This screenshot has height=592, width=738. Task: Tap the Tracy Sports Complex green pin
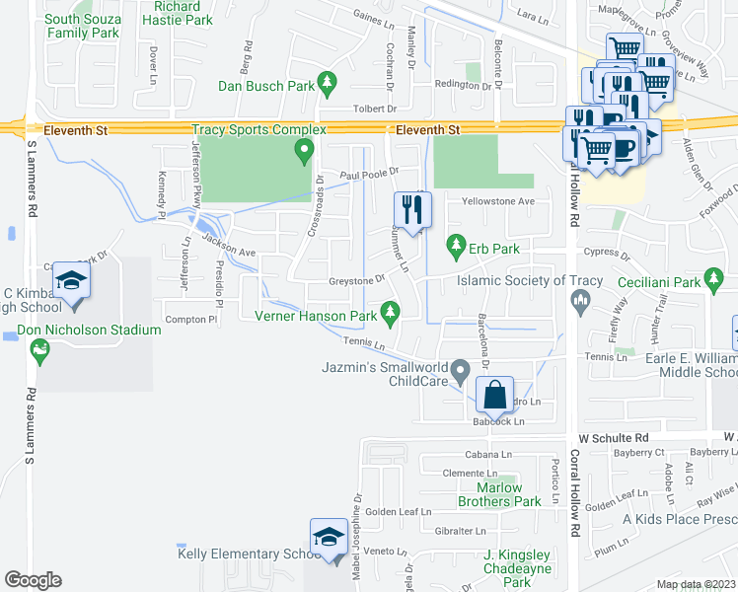point(304,151)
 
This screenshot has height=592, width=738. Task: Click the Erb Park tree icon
point(456,243)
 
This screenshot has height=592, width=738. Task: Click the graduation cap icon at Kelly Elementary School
point(328,536)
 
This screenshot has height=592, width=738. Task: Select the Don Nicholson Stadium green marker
point(39,348)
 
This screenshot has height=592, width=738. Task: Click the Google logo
point(33,580)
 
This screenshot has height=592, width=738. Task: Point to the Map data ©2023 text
point(696,584)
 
